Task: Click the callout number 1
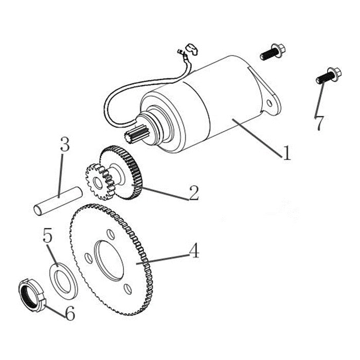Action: tap(286, 152)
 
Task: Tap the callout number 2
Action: tap(193, 193)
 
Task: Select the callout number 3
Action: tap(64, 145)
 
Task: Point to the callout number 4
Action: tap(193, 251)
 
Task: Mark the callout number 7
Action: tap(319, 123)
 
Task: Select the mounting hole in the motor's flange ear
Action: tap(269, 103)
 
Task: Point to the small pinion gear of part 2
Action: tap(97, 182)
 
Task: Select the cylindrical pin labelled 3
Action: tap(57, 201)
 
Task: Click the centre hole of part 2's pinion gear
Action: tap(95, 183)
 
